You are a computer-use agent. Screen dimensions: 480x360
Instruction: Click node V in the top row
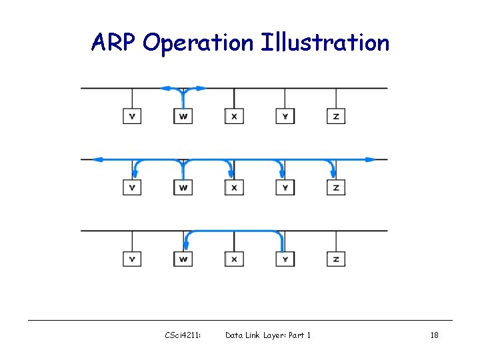point(132,116)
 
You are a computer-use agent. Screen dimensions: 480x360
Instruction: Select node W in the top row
point(183,116)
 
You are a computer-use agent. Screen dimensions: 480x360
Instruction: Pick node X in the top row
point(234,116)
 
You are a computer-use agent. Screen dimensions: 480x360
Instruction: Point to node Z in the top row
point(336,116)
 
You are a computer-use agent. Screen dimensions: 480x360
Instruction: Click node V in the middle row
point(132,187)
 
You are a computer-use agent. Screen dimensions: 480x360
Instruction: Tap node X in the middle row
point(234,187)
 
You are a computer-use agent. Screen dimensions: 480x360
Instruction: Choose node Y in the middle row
point(285,187)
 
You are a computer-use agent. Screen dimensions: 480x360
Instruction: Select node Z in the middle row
point(336,187)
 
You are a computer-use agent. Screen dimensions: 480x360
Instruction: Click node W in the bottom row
point(183,258)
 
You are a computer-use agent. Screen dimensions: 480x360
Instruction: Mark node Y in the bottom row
point(285,258)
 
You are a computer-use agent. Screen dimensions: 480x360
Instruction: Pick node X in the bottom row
point(234,258)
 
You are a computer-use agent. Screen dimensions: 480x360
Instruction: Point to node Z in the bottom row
point(336,258)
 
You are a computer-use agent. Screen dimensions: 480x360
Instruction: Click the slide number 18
point(434,335)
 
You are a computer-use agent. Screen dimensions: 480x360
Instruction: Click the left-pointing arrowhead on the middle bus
point(97,159)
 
